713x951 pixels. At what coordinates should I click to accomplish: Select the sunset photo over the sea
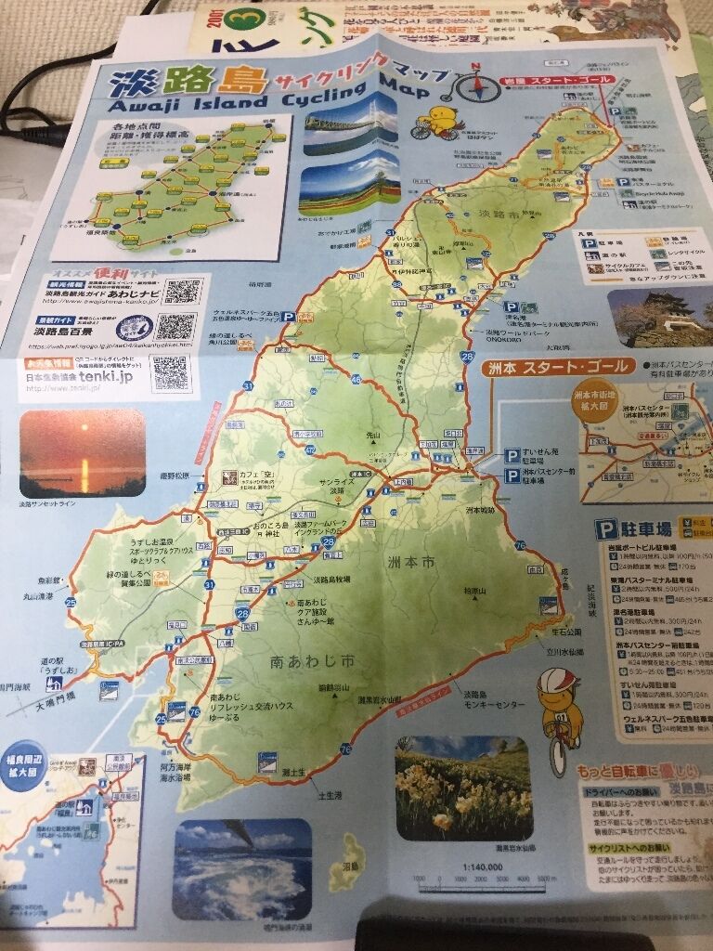pyautogui.click(x=82, y=453)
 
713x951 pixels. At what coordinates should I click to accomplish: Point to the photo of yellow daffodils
pyautogui.click(x=462, y=788)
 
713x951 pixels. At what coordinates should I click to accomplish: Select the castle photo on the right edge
pyautogui.click(x=661, y=319)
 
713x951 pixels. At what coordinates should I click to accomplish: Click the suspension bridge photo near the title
pyautogui.click(x=350, y=124)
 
